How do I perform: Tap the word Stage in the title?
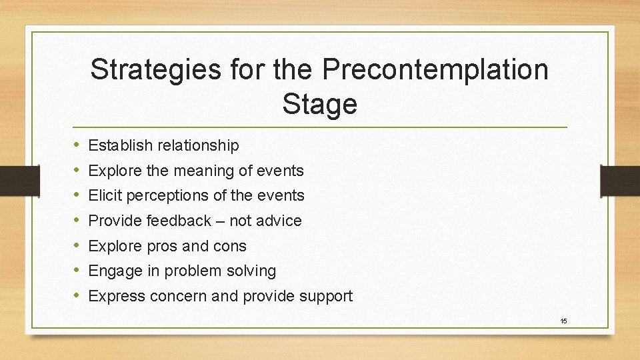[x=319, y=103]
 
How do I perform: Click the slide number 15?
[x=563, y=321]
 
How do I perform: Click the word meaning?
[x=203, y=171]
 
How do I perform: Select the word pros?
[x=157, y=246]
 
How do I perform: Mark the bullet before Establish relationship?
[x=77, y=145]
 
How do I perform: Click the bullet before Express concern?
[x=77, y=296]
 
